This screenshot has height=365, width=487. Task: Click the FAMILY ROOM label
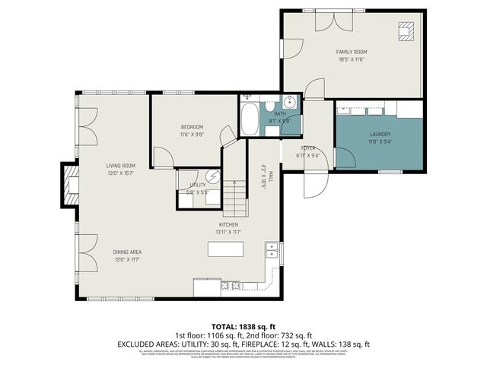[352, 52]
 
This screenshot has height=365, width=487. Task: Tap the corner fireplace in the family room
[406, 30]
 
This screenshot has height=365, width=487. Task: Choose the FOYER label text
[307, 148]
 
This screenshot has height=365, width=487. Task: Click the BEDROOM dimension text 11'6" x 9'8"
[192, 135]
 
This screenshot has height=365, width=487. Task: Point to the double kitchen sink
[272, 249]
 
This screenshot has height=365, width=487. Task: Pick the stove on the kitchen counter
[230, 286]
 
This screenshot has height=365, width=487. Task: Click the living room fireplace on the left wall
[70, 186]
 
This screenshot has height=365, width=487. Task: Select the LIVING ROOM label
[120, 166]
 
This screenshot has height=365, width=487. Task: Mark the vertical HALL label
[264, 176]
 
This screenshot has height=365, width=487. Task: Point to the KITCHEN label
[229, 224]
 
